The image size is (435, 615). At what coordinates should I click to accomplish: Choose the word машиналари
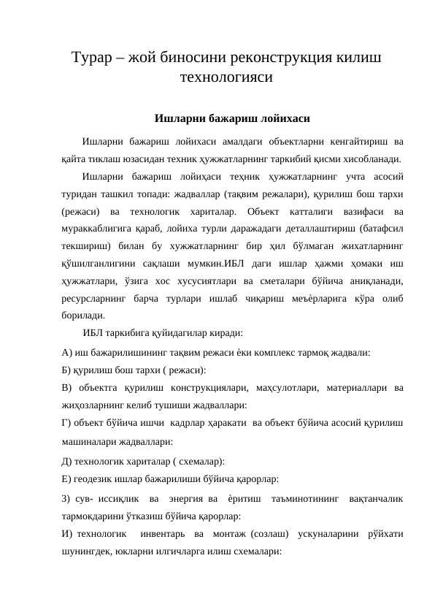pyautogui.click(x=91, y=442)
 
